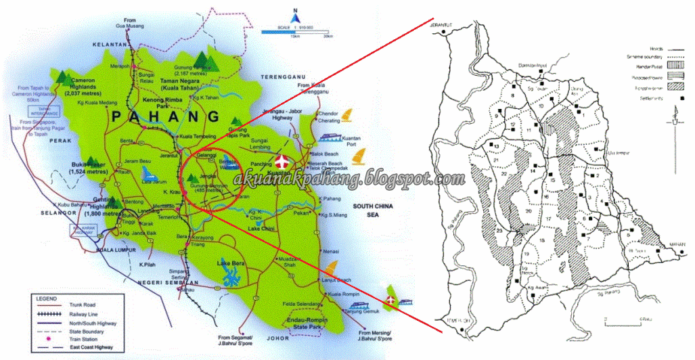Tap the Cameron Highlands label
click(82, 87)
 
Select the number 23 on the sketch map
click(499, 232)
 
